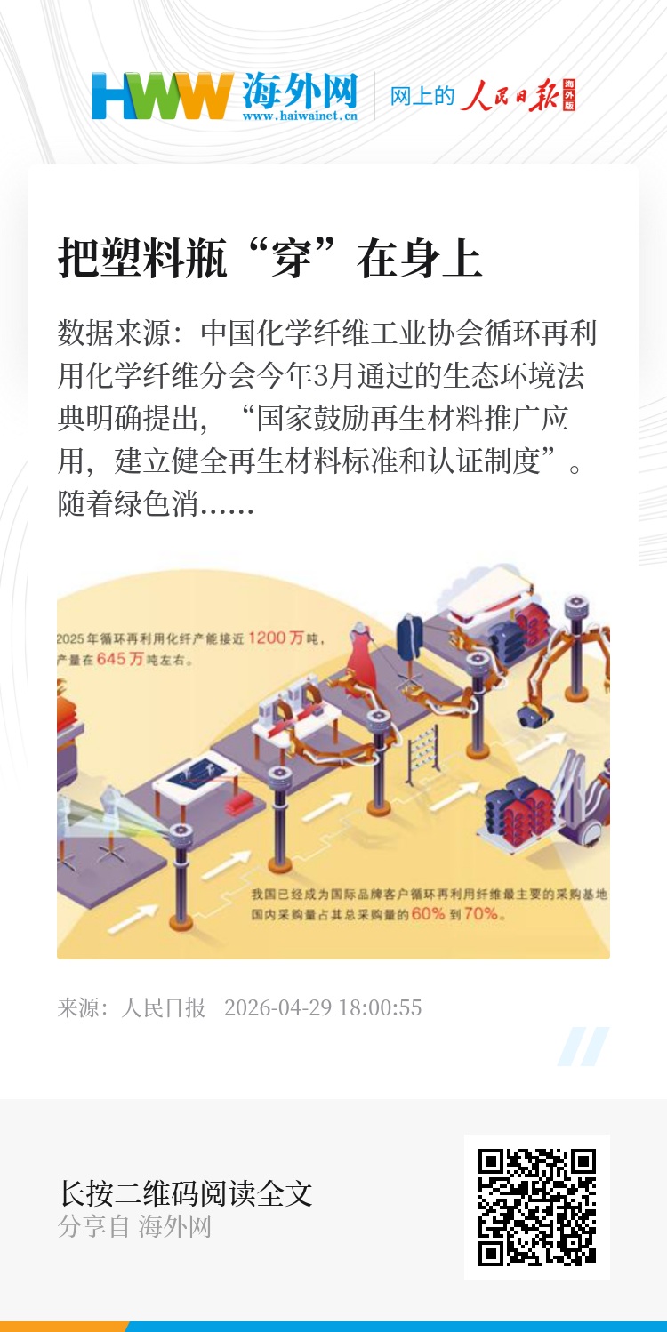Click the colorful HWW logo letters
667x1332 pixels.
tap(162, 96)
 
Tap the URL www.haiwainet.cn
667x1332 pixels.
tap(300, 116)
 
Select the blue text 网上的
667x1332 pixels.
tap(422, 96)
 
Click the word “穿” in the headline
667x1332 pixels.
tap(292, 259)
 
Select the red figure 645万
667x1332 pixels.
tap(120, 659)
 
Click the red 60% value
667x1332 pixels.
tap(428, 913)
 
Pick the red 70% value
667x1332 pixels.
tap(481, 913)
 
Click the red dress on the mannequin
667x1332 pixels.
tap(360, 657)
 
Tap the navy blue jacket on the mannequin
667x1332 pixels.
tap(411, 638)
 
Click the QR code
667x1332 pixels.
tap(536, 1208)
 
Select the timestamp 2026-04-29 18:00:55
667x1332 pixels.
tap(323, 1007)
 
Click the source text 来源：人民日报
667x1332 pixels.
tap(132, 1007)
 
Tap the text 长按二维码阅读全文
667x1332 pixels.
tap(185, 1193)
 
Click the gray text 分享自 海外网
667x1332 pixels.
tap(134, 1226)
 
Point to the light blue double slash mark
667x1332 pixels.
tap(583, 1046)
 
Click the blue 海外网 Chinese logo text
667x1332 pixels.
tap(300, 91)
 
